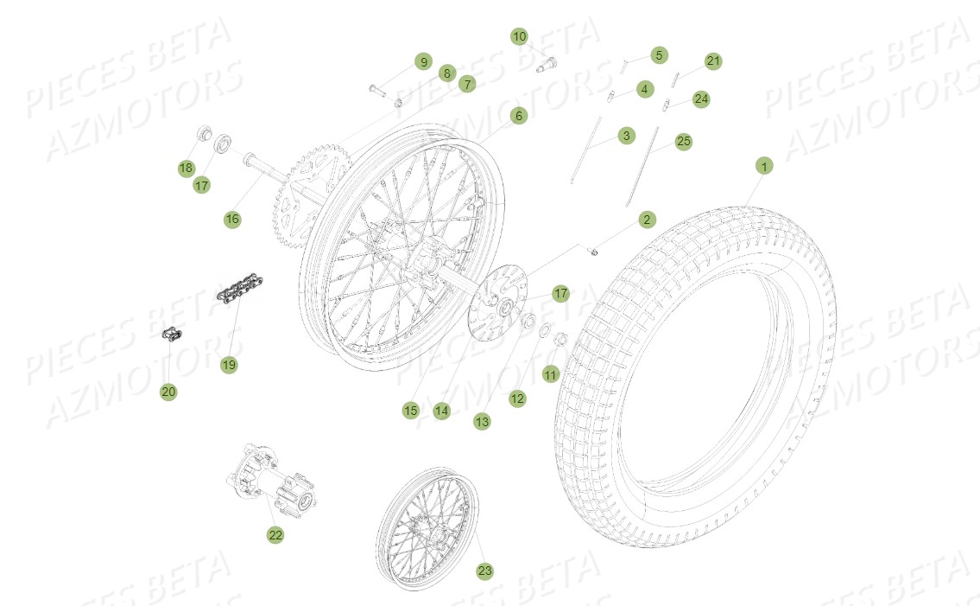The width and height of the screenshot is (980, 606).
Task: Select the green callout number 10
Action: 519,36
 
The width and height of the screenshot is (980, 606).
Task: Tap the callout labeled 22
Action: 275,535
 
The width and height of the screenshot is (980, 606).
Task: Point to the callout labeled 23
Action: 485,571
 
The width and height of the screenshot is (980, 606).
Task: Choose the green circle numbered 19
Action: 228,365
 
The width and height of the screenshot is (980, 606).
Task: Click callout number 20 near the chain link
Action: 168,392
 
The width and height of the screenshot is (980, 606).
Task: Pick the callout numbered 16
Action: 231,219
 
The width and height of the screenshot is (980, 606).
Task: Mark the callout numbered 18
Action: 187,167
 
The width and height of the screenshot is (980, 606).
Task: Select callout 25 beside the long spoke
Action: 683,141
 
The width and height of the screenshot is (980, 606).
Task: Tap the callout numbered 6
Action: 519,116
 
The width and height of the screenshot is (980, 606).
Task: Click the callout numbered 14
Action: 442,411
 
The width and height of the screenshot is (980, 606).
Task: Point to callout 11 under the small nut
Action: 551,374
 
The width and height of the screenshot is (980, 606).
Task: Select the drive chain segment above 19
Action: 239,286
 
